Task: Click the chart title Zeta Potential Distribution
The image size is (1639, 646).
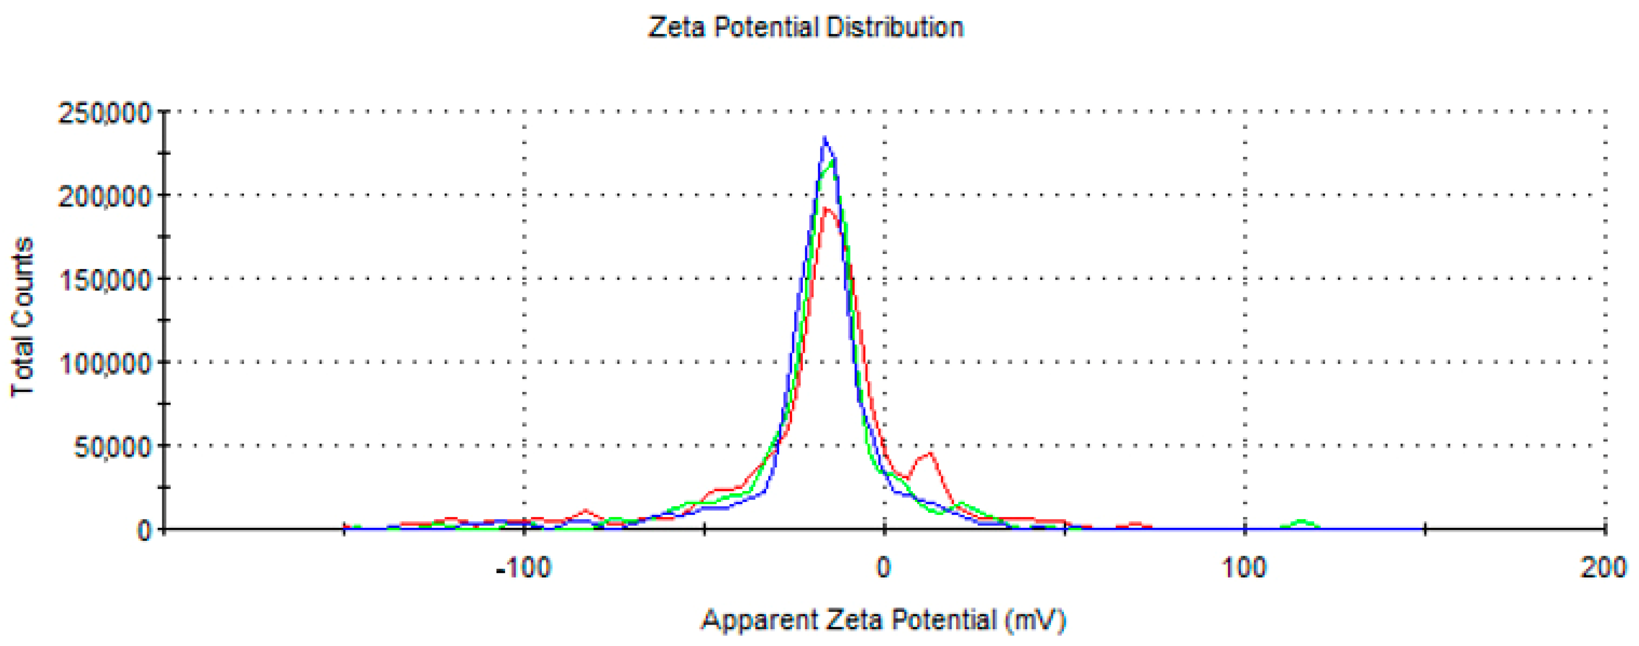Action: [x=806, y=27]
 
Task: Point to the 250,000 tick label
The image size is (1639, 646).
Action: [x=105, y=114]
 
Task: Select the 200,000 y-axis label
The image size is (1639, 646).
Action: [x=105, y=197]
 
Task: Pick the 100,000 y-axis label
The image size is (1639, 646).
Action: [x=105, y=364]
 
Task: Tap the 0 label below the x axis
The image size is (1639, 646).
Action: [x=884, y=567]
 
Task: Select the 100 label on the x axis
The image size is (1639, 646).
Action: [x=1244, y=567]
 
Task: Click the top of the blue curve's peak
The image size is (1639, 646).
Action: [x=825, y=138]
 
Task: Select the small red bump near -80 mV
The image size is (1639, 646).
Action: [x=586, y=511]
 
